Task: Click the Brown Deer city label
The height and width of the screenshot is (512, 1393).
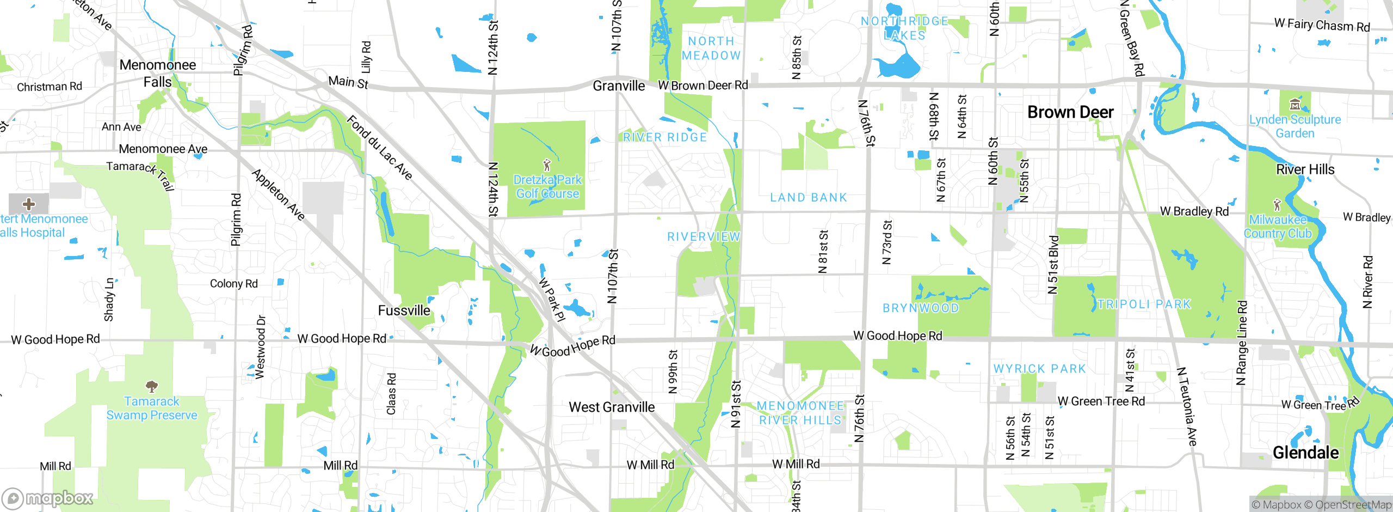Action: tap(1070, 112)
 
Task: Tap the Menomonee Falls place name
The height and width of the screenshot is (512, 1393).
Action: tap(157, 74)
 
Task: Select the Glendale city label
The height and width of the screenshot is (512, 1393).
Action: tap(1305, 452)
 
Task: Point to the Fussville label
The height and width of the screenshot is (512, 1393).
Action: tap(404, 310)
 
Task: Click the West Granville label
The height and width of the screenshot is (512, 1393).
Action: tap(612, 407)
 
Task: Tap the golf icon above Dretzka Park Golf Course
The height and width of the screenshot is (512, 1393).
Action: tap(547, 164)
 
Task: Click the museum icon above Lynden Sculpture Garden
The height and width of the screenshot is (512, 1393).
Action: tap(1295, 104)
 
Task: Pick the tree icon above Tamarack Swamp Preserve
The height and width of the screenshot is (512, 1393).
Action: tap(152, 387)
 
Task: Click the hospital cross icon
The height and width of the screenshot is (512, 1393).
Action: tap(29, 204)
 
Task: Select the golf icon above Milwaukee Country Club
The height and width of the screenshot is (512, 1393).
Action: tap(1277, 205)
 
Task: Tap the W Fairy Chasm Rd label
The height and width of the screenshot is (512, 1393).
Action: tap(1322, 25)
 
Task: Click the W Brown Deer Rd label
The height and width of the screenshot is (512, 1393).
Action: tap(702, 86)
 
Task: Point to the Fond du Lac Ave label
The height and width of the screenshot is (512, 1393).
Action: tap(379, 147)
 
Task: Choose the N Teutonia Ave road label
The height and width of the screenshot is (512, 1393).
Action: tap(1187, 406)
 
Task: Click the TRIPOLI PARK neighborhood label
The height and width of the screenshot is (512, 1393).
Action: tap(1144, 304)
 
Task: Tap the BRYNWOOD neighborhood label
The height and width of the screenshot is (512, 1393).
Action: tap(920, 308)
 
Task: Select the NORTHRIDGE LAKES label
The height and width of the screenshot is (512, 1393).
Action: tap(904, 28)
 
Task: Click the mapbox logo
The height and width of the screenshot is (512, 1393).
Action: tap(48, 498)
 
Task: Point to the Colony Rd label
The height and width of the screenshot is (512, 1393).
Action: tap(233, 283)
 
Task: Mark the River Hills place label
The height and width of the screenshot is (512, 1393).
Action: tap(1305, 169)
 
